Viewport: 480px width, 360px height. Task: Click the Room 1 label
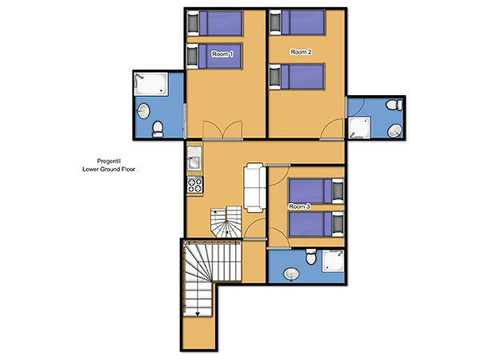click(x=222, y=54)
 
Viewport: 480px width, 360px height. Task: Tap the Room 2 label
click(x=301, y=52)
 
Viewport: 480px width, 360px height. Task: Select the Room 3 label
click(x=300, y=206)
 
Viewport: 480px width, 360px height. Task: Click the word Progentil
click(x=109, y=161)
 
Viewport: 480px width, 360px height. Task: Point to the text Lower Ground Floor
click(x=109, y=169)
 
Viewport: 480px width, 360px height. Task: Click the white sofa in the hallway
click(x=254, y=188)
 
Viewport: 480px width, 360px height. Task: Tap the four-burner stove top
click(x=195, y=186)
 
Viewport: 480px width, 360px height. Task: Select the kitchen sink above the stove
click(x=194, y=158)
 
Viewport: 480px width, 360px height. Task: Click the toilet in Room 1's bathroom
click(x=158, y=129)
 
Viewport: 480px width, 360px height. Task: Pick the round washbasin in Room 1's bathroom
click(x=143, y=111)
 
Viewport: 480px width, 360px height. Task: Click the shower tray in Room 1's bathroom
click(x=151, y=84)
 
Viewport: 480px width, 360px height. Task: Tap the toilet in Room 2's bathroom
click(x=394, y=105)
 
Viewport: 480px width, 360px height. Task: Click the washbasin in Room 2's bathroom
click(x=395, y=131)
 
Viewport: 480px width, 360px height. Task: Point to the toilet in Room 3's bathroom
click(x=311, y=257)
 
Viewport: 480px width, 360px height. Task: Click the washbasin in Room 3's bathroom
click(x=291, y=274)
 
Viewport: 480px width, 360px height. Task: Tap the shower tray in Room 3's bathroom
click(x=333, y=261)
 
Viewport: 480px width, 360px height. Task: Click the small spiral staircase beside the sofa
click(x=226, y=222)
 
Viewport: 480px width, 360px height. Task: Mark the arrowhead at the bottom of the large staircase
click(x=198, y=314)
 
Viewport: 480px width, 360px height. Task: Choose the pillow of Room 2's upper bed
click(x=275, y=22)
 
